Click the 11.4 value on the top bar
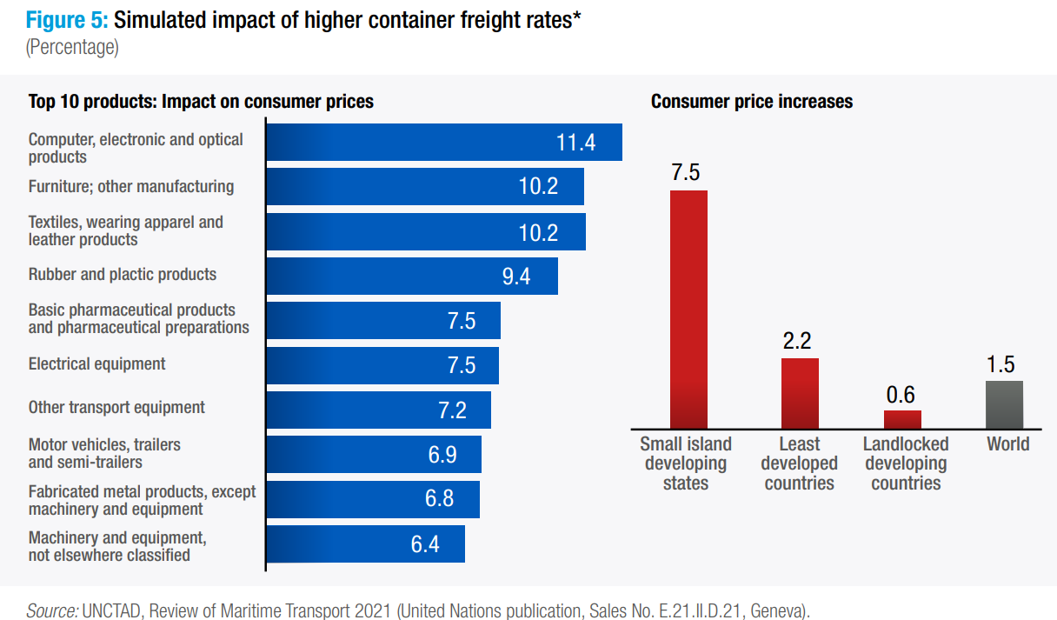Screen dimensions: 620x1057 point(575,143)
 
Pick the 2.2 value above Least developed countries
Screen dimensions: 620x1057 point(797,341)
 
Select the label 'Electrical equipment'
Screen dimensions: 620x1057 point(96,363)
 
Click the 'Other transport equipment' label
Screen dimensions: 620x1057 point(116,407)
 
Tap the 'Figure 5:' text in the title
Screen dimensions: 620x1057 point(67,21)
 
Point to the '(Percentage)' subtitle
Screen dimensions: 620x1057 point(72,47)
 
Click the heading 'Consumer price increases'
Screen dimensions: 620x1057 point(751,102)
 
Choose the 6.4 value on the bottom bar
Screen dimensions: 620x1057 point(425,545)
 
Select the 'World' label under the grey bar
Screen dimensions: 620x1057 point(1007,444)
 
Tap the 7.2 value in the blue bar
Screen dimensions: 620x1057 point(452,410)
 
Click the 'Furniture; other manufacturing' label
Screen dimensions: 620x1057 point(130,186)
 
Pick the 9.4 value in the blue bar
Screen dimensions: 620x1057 point(516,277)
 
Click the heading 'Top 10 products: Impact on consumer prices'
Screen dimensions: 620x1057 point(201,102)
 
